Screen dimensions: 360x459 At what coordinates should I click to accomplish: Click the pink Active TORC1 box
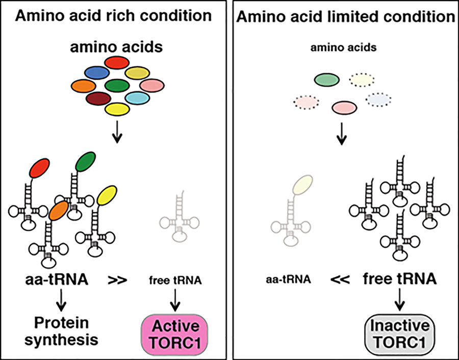[174, 332]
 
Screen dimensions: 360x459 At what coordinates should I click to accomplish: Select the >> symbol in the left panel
[118, 280]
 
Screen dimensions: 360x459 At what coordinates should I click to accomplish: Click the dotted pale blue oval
[378, 99]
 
